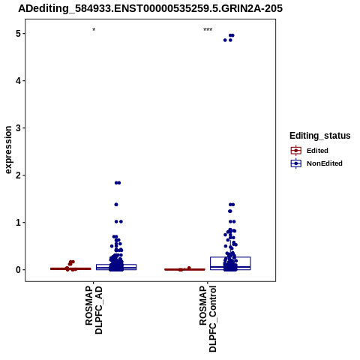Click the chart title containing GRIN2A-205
coord(150,8)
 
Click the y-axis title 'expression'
coord(8,150)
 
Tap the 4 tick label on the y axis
coord(19,81)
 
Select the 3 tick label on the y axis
coord(19,128)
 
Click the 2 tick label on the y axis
coord(19,175)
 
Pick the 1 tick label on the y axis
coord(19,223)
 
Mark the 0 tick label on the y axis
coord(19,270)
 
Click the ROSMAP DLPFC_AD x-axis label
coord(94,310)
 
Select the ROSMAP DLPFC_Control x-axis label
coord(208,319)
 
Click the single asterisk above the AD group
coord(94,29)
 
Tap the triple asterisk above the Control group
coord(208,29)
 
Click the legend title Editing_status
coord(320,136)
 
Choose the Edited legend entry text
coord(317,151)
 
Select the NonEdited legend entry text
coord(325,163)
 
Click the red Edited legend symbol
coord(296,151)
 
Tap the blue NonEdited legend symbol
coord(296,163)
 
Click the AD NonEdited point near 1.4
coord(116,205)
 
